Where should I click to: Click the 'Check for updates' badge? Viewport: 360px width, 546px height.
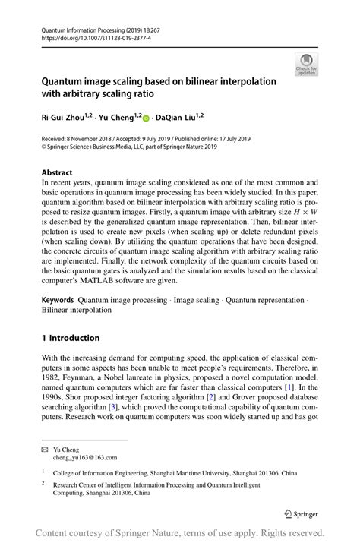(x=306, y=65)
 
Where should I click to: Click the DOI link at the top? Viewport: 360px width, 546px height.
(x=85, y=36)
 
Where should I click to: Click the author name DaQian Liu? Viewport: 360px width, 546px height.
(x=178, y=118)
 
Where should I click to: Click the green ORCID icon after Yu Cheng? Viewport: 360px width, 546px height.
(x=146, y=118)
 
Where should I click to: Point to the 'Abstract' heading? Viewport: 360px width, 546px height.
(x=58, y=172)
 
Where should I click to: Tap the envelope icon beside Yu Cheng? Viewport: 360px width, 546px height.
(x=46, y=449)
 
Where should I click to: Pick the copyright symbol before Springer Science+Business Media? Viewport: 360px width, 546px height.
(x=44, y=148)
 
